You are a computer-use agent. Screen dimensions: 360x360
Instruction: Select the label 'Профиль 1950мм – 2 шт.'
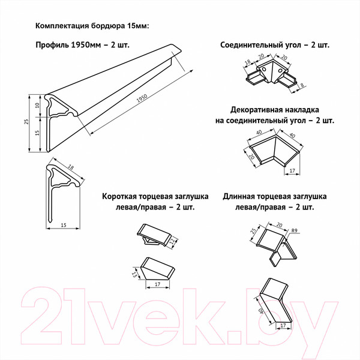tap(82, 46)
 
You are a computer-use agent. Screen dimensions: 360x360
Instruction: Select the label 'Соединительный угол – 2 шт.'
tap(275, 46)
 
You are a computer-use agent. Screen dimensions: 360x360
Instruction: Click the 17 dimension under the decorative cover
tap(292, 171)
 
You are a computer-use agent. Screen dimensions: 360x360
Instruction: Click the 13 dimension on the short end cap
tap(134, 274)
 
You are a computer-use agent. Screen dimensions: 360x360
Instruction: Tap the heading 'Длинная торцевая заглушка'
tap(274, 196)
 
